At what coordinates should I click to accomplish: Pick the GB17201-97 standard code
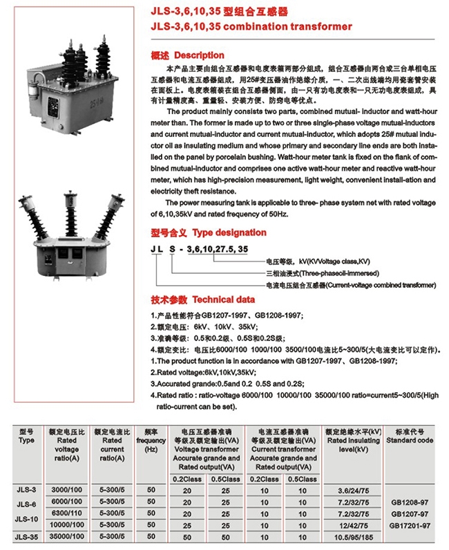pos(410,526)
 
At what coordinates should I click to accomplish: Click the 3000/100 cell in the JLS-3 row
pos(66,490)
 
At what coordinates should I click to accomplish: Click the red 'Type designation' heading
pos(229,232)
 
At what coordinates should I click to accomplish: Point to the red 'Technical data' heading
pos(223,300)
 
